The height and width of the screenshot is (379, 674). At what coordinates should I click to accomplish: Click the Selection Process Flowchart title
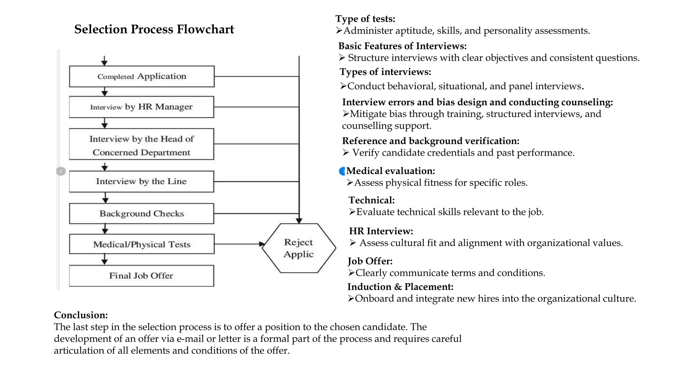coord(154,29)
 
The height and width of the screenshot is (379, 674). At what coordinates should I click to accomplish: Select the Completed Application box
coord(142,76)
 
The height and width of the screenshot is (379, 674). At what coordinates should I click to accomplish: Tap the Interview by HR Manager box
coord(142,107)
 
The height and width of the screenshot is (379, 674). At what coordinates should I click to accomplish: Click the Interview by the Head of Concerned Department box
coord(142,144)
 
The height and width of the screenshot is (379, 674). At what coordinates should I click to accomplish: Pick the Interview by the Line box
coord(142,181)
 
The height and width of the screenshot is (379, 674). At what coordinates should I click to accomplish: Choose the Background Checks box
coord(142,214)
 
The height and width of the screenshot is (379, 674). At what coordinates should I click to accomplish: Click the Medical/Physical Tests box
coord(142,244)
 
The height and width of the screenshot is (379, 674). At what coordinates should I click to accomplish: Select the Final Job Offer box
coord(142,276)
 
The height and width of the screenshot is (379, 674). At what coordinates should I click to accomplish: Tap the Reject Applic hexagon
coord(299,248)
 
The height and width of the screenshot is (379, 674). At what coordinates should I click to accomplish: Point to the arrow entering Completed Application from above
coord(104,61)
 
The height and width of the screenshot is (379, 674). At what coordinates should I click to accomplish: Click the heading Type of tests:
coord(365,19)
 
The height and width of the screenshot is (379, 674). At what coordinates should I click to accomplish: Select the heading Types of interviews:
coord(385,72)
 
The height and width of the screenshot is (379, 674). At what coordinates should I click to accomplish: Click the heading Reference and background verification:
coord(430,141)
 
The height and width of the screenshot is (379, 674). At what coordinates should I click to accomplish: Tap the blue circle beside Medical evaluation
coord(342,171)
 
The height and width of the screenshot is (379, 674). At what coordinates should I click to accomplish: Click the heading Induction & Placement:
coord(400,287)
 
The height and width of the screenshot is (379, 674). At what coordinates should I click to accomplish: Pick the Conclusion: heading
coord(81,315)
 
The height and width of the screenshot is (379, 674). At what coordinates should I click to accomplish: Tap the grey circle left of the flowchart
coord(61,171)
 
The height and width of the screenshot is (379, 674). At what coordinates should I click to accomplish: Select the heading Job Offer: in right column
coord(370,261)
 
